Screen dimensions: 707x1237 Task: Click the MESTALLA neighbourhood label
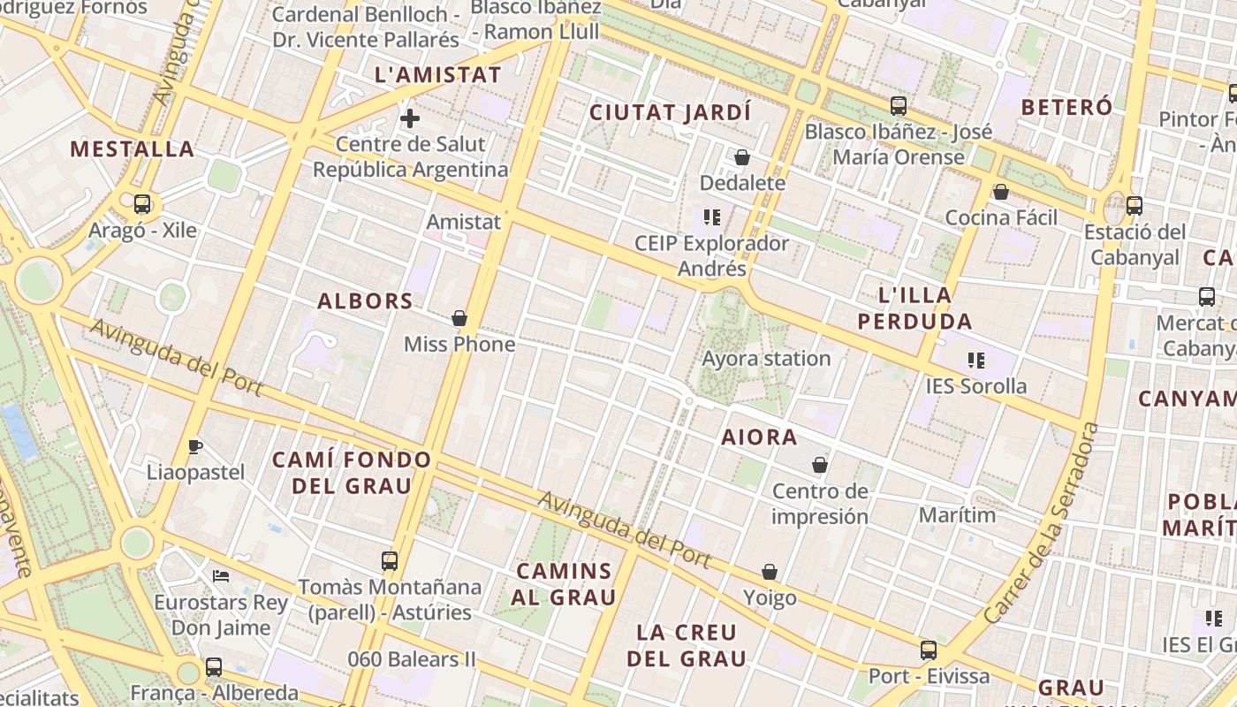(133, 148)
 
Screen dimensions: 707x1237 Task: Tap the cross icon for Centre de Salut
(410, 118)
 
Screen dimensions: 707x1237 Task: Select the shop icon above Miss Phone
(459, 318)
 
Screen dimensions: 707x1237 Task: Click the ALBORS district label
(366, 301)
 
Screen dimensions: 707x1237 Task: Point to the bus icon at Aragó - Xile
(142, 204)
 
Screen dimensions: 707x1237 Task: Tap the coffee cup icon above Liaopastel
(195, 446)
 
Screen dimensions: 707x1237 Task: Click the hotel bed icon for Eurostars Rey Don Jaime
(221, 576)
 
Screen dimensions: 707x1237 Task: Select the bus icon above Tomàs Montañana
(390, 560)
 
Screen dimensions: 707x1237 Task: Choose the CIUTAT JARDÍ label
(670, 113)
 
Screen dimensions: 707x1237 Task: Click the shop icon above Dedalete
(742, 157)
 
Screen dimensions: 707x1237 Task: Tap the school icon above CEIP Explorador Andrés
(712, 217)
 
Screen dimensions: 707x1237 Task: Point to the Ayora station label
(766, 359)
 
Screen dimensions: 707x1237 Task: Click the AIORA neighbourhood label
(759, 437)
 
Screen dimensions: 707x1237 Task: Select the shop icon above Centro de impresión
(820, 465)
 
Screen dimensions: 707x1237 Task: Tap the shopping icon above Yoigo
(770, 572)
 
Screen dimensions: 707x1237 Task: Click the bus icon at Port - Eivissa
(929, 650)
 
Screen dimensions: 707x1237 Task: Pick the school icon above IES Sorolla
(976, 360)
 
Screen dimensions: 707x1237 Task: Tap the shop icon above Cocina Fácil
(1001, 192)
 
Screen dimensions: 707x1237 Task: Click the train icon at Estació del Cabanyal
(1135, 206)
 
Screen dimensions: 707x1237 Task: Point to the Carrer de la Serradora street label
(1044, 523)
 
